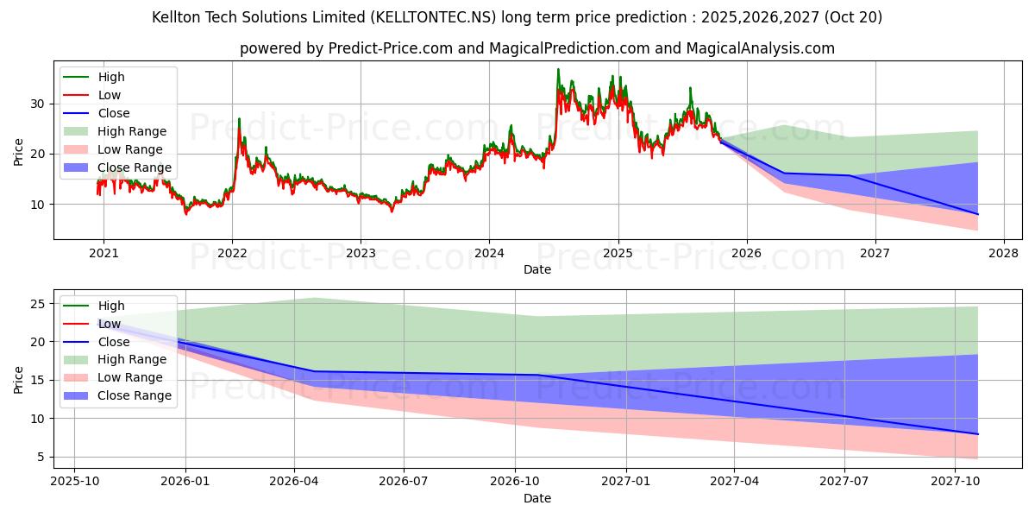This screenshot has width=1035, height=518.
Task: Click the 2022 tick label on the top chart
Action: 232,253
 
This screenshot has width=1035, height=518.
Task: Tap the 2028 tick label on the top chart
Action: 1003,253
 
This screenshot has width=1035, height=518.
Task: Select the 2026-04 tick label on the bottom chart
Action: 294,482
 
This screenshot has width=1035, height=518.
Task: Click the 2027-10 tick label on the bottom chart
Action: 955,482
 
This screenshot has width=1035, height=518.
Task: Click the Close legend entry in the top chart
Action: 114,113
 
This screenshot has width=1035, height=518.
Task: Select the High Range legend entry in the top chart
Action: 132,131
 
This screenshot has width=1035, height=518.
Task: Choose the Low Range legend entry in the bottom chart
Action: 130,377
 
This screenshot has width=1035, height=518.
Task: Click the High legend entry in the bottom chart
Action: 111,306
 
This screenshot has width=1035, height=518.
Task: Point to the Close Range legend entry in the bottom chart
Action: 135,395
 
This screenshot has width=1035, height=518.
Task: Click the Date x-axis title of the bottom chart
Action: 536,498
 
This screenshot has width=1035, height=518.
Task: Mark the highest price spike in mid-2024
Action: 558,69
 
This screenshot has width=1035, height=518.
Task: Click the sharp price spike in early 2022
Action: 239,119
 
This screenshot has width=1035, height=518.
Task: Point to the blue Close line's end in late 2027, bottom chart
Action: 978,433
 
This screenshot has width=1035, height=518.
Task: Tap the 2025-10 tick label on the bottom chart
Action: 74,482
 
